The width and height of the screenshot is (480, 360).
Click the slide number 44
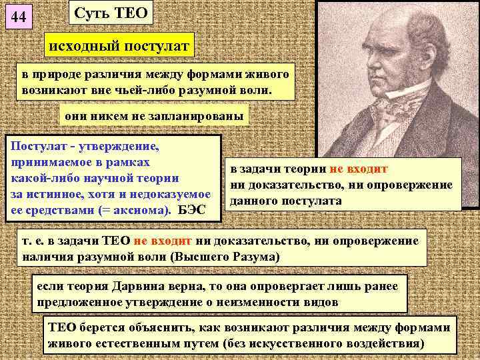(x=19, y=19)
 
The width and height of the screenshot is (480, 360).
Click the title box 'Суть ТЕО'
(x=111, y=13)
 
